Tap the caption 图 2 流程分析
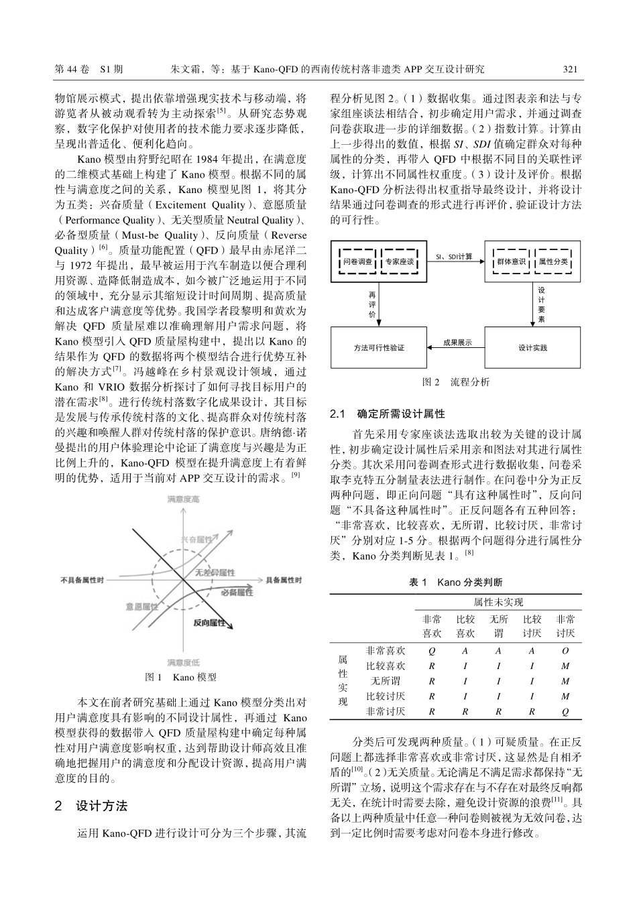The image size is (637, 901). coord(455,381)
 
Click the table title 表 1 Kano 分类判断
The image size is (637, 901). coord(455,583)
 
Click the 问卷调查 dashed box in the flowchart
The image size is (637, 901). coord(357,262)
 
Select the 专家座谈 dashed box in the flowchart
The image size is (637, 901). coord(400,262)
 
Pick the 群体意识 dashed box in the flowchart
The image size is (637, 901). coord(511,262)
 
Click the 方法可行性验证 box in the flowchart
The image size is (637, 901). coord(379,348)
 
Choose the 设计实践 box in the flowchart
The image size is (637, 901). coord(532,348)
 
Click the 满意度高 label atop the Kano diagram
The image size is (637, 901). coord(182,499)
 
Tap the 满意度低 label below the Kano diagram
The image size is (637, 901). coord(182,662)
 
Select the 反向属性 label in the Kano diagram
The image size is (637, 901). coord(209,623)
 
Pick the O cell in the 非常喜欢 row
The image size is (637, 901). coord(565,651)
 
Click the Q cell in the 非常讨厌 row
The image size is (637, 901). coord(565,711)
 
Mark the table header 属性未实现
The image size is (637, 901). coord(498,602)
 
